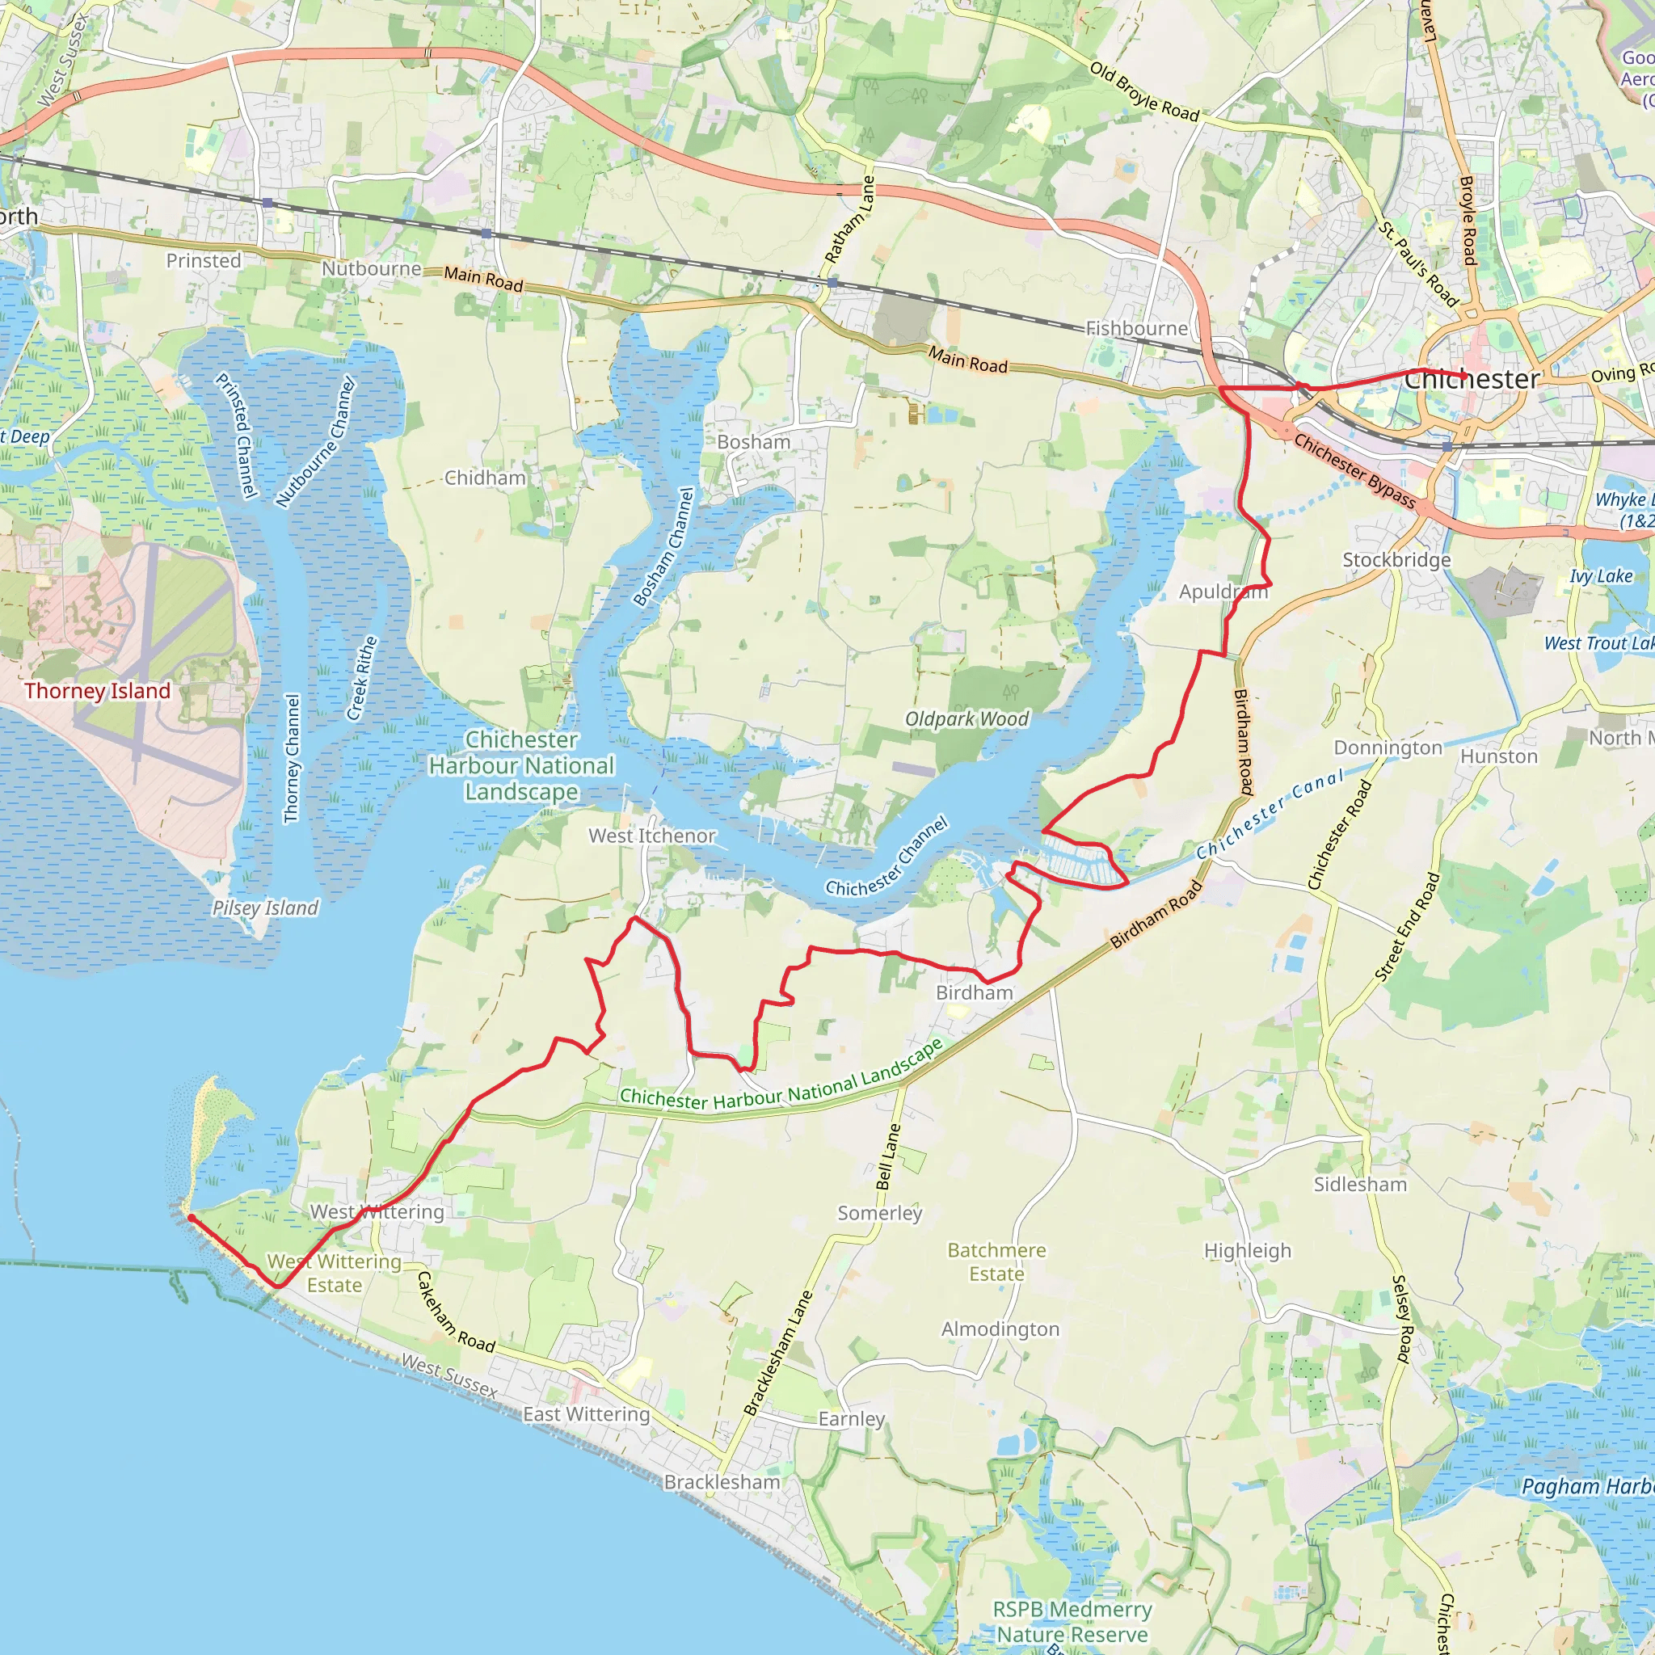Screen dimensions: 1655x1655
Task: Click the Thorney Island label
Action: (98, 691)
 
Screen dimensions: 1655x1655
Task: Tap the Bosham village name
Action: (754, 442)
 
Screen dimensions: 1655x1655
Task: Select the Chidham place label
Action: (485, 478)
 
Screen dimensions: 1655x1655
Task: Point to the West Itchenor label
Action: (652, 836)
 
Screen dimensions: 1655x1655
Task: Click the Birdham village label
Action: (974, 993)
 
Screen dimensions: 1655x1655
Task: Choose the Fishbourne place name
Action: (1137, 329)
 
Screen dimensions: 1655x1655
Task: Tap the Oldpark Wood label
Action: (967, 719)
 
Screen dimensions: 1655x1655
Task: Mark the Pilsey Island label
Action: (265, 908)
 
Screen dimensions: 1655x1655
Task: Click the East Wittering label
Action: (587, 1414)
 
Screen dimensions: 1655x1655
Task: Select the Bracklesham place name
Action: (722, 1483)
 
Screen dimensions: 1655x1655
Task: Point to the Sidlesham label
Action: (1360, 1185)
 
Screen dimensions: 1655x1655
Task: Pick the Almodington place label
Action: (1000, 1329)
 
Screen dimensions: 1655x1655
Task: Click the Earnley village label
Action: (852, 1419)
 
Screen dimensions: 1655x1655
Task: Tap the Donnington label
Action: (1388, 747)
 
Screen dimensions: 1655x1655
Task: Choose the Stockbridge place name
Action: (1396, 560)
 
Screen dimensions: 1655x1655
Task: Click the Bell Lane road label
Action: (888, 1157)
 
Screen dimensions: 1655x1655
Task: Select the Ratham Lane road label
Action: (850, 220)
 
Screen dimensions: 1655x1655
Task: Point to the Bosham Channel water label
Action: (664, 547)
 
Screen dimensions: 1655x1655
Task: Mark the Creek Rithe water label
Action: (362, 679)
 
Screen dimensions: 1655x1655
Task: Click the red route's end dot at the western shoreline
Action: (190, 1217)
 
